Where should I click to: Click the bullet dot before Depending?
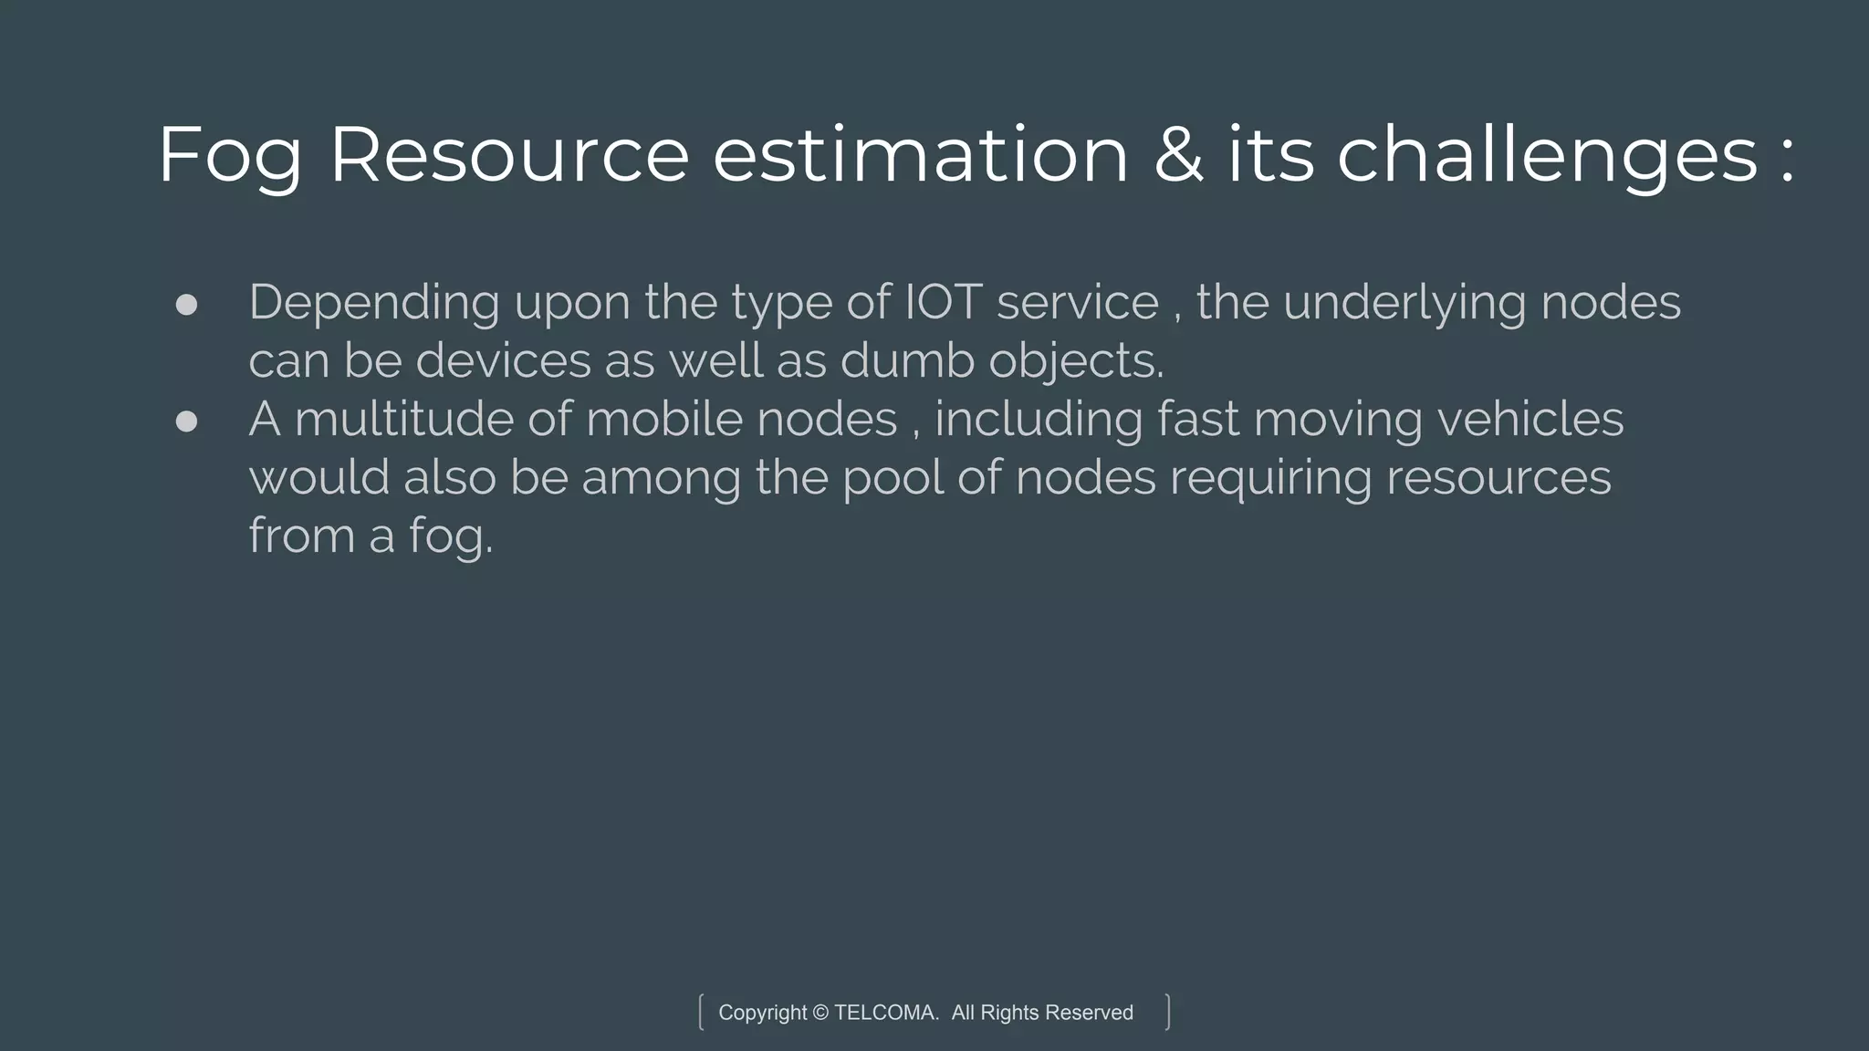tap(186, 305)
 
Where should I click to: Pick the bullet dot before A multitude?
tap(186, 421)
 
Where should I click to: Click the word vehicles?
tap(1530, 419)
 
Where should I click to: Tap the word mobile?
tap(663, 419)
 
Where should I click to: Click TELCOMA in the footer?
tap(885, 1013)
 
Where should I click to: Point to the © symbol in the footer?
tap(820, 1013)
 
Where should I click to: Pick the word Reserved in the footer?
tap(1089, 1013)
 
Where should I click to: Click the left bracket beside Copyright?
tap(701, 1012)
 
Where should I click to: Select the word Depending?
tap(373, 304)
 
